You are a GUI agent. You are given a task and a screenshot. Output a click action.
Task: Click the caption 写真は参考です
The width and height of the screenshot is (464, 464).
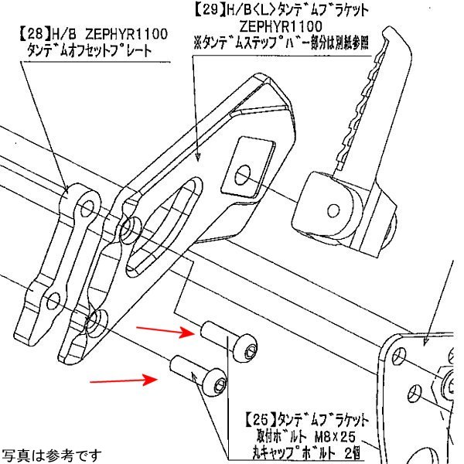pos(51,455)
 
